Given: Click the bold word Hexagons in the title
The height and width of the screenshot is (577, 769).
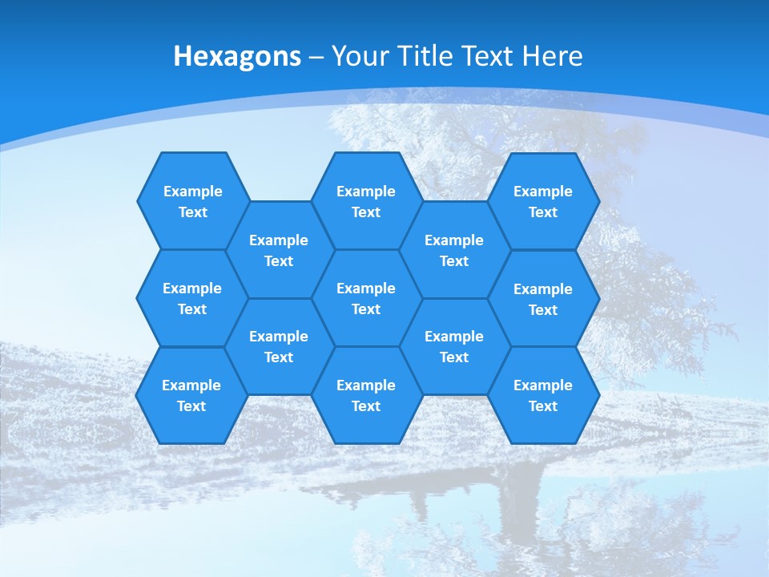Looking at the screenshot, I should [x=237, y=56].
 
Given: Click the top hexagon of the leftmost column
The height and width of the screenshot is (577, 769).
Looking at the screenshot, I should [x=192, y=201].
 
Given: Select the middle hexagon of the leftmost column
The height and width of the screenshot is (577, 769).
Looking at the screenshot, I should [x=192, y=298].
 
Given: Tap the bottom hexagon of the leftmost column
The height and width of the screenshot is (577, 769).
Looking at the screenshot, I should [x=191, y=395].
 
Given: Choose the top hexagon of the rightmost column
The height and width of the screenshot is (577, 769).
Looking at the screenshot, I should [x=543, y=201].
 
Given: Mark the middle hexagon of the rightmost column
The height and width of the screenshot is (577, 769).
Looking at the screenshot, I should [x=543, y=299].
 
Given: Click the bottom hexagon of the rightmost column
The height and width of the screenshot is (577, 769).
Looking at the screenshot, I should [x=543, y=395].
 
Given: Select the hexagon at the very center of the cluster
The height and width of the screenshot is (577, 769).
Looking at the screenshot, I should [x=366, y=298].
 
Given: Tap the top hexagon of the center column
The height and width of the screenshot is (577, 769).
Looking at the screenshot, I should [x=366, y=201].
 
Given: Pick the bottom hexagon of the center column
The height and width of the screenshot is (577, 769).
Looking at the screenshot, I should [x=366, y=395].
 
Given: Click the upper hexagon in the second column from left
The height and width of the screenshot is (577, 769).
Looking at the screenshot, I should [x=279, y=250].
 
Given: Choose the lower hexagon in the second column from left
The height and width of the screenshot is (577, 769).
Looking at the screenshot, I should [x=279, y=346].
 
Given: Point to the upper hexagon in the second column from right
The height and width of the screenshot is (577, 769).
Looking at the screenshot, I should [x=454, y=250].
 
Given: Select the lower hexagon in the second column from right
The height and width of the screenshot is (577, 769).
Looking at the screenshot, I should [x=454, y=346].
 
